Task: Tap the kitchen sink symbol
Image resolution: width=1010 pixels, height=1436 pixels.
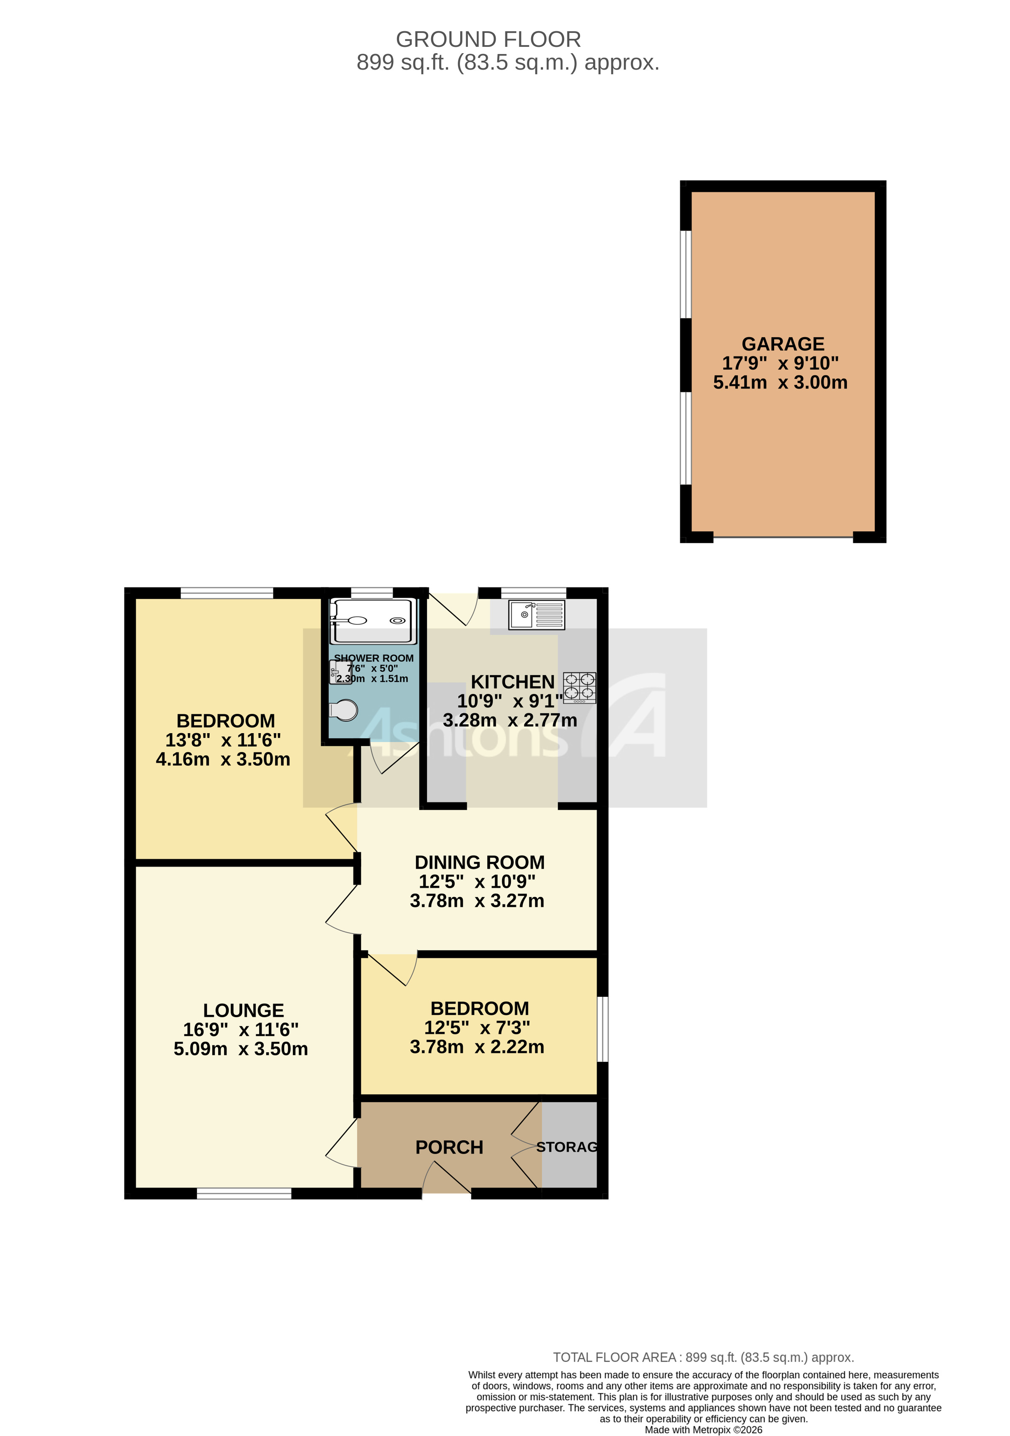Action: coord(537,615)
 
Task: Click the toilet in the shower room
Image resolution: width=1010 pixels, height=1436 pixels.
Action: coord(345,710)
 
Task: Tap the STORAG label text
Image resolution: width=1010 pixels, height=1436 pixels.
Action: coord(567,1147)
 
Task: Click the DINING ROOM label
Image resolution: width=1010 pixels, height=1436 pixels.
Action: coord(480,862)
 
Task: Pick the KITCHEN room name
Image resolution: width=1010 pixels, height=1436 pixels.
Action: coord(512,682)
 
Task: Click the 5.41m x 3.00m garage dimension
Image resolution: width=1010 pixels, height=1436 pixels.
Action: coord(780,383)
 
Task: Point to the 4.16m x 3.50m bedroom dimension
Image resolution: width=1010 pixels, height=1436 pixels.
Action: coord(223,759)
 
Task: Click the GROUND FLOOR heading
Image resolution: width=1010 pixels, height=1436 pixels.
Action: coord(489,39)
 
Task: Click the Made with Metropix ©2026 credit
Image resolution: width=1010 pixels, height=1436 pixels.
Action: coord(704,1429)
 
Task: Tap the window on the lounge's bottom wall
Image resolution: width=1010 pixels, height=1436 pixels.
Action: coord(244,1194)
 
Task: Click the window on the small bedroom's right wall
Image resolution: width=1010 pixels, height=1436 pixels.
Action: coord(602,1029)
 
